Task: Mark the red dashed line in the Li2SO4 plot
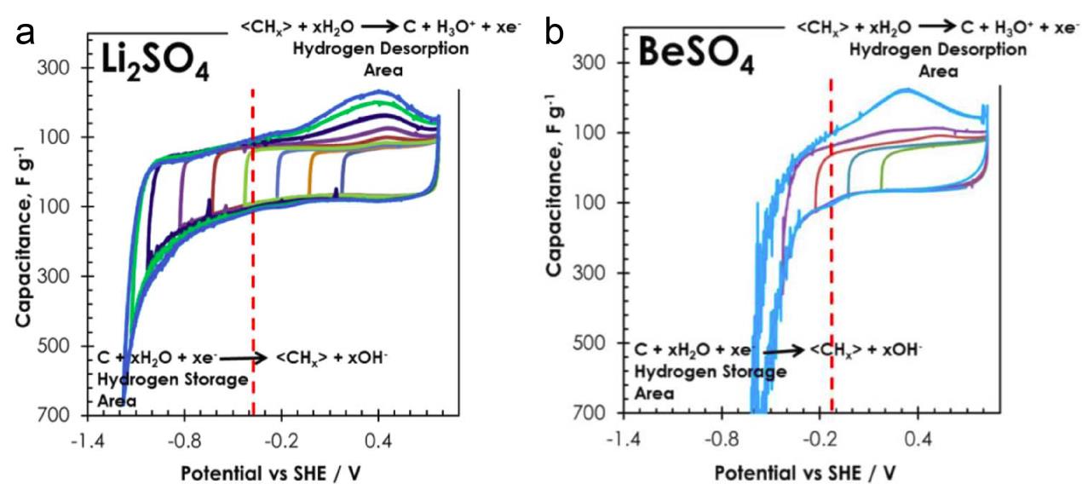click(253, 256)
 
